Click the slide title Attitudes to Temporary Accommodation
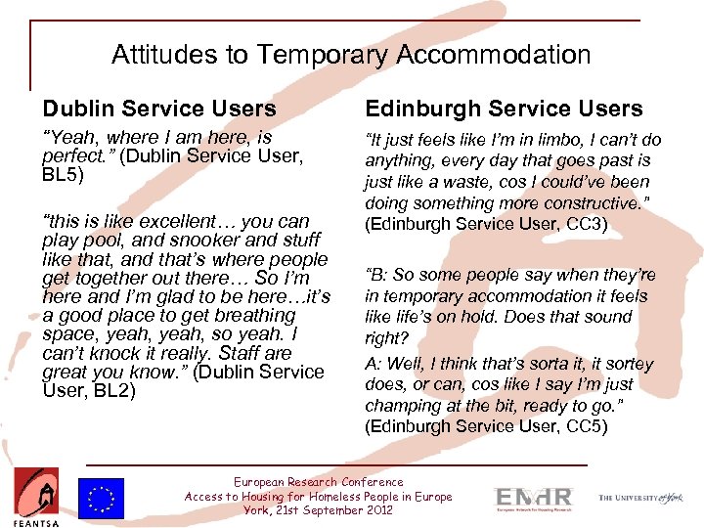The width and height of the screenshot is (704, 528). (351, 54)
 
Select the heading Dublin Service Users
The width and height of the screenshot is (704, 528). (159, 109)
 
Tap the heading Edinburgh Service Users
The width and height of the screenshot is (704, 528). (504, 109)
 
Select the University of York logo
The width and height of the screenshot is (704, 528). (641, 498)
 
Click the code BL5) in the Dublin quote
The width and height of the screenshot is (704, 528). (64, 176)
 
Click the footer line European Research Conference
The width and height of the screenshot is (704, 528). (319, 482)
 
